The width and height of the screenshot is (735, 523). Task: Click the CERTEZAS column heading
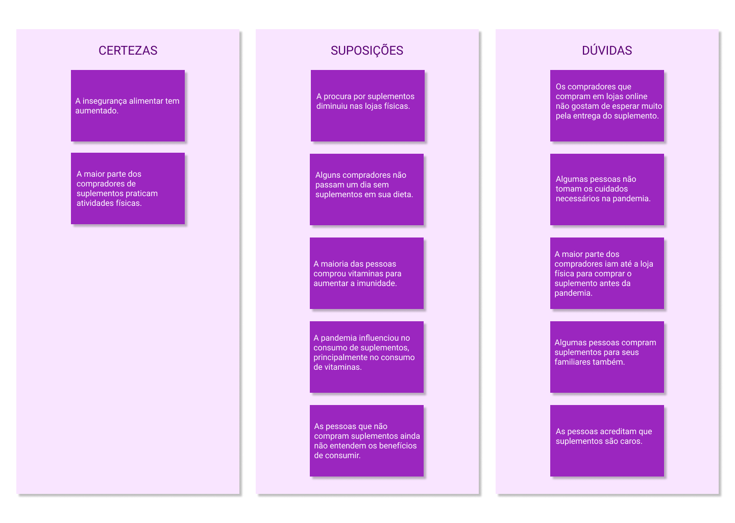coord(128,51)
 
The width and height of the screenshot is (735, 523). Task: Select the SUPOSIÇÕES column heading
coord(367,51)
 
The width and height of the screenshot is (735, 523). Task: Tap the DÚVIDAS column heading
coord(607,51)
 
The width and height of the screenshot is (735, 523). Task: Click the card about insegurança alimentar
coord(128,106)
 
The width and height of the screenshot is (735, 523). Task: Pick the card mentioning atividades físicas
coord(128,188)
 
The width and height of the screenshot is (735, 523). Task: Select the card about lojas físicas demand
coord(367,106)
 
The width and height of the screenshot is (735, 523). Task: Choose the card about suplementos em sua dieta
coord(366,189)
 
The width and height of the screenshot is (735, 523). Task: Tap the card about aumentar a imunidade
coord(366,273)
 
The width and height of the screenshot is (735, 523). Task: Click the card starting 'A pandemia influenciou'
coord(366,357)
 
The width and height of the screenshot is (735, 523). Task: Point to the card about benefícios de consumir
coord(366,441)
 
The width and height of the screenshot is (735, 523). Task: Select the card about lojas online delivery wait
coord(607,106)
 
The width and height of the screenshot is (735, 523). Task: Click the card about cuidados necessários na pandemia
coord(607,189)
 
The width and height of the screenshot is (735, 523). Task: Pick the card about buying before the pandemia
coord(607,273)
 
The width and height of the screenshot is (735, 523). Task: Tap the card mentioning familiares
coord(607,357)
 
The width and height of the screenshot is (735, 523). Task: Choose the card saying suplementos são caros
coord(607,441)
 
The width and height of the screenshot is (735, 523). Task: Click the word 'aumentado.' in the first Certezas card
coord(97,111)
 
